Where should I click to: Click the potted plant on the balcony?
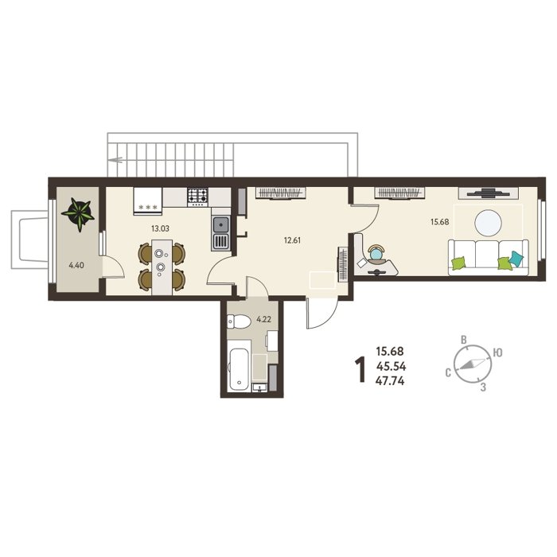78,214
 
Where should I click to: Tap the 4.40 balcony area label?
76,265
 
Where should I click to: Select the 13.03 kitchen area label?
160,229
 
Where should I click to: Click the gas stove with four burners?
197,197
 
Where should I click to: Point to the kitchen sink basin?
221,225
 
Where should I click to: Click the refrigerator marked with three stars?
148,201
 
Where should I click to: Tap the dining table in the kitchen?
162,267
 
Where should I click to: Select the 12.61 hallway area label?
292,240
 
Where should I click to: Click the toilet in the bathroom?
239,321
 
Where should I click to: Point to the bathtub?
239,364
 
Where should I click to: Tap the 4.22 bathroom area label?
263,319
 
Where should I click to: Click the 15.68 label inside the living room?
440,222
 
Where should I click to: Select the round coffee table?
489,223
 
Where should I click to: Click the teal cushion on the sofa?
516,259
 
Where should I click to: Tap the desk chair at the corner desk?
376,253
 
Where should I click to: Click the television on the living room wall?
488,193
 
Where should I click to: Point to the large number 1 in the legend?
361,370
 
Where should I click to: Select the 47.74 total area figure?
390,381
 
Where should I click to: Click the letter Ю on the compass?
498,353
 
